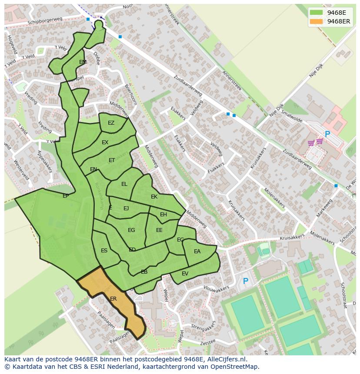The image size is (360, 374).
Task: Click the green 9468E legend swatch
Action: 316,13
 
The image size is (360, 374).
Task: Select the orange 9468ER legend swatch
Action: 316,22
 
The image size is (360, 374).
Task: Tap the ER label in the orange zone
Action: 113,299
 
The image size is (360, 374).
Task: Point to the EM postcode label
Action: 83,62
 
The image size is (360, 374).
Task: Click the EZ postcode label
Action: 111,123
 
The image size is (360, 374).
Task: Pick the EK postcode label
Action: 154,197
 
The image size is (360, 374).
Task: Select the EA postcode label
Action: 197,252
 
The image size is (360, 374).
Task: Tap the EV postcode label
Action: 185,274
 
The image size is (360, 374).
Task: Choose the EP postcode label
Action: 66,196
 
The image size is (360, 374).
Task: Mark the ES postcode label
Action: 104,251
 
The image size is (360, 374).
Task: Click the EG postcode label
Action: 131,230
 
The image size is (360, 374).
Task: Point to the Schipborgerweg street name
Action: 45,21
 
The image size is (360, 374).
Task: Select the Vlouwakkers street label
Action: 216,289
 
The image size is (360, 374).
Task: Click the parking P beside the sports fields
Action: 245,281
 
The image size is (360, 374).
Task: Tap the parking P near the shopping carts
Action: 327,135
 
